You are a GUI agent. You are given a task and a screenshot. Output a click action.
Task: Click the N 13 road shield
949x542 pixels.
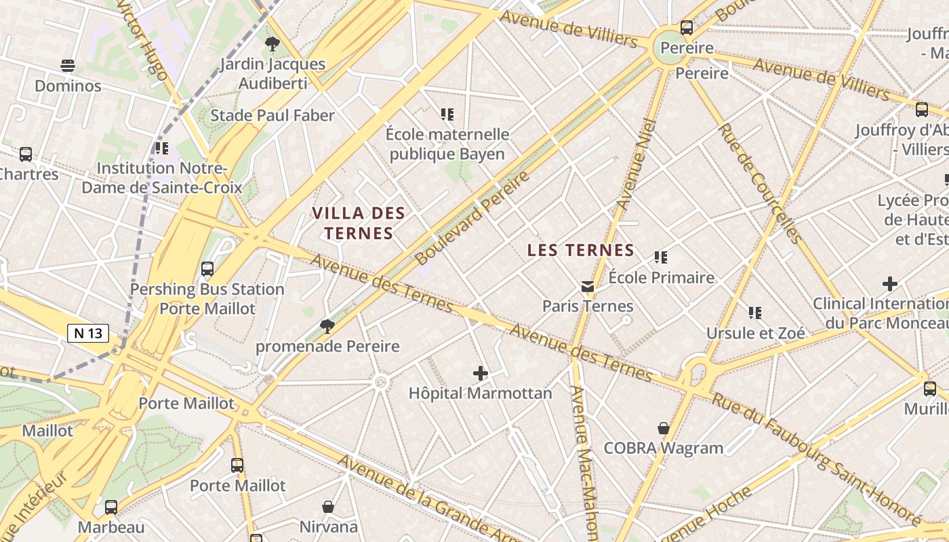tap(88, 333)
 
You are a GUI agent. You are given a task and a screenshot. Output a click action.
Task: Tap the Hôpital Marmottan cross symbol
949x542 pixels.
tap(481, 373)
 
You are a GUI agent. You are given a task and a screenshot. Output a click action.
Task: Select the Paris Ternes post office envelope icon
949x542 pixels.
tap(588, 287)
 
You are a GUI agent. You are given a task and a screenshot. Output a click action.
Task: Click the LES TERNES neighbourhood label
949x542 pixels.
tap(581, 250)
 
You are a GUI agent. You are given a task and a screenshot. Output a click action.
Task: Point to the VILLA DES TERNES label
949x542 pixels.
tap(359, 224)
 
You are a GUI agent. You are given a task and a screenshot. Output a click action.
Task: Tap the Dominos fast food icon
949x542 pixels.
tap(67, 66)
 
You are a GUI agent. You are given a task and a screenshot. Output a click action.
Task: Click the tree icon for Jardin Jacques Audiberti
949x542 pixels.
tap(272, 45)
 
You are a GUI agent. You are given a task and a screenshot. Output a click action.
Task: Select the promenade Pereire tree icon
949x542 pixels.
tap(327, 327)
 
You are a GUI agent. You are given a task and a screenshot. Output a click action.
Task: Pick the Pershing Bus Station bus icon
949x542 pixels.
tap(207, 269)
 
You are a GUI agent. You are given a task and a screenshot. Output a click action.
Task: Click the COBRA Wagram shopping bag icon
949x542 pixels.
tap(664, 428)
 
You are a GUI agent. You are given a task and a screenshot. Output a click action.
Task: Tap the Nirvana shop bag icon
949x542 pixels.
tap(328, 507)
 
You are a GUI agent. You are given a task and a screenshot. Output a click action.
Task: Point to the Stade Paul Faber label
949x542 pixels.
tap(272, 115)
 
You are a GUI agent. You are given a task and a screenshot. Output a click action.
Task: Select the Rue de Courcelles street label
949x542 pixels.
tap(760, 183)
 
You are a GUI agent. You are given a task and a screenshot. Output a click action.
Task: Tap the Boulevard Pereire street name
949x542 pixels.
tap(472, 218)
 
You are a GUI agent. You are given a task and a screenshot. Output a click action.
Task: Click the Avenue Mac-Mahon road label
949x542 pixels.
tap(584, 461)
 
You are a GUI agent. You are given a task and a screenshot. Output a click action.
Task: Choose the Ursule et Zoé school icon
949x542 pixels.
tap(755, 313)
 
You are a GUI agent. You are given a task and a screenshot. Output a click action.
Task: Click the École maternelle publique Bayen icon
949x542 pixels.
tap(447, 114)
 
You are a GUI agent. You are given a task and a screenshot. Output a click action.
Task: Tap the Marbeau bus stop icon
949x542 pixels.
tap(111, 507)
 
